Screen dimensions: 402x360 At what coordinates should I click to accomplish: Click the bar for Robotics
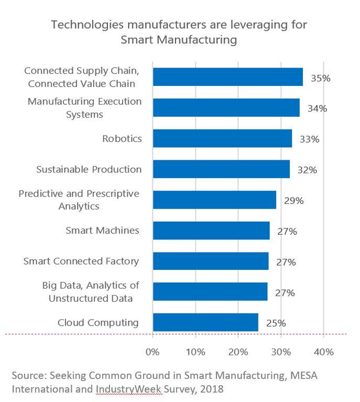[222, 138]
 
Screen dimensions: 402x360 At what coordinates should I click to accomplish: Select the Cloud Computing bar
[205, 322]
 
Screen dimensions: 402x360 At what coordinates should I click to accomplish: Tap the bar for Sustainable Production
[221, 169]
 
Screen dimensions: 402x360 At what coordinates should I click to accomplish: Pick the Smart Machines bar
[211, 231]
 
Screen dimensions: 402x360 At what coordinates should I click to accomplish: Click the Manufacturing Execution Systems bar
[226, 107]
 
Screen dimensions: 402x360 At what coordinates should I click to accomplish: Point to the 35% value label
[320, 78]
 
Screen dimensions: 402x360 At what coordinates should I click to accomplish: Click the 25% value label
[276, 323]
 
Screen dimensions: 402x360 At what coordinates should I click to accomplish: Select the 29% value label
[293, 201]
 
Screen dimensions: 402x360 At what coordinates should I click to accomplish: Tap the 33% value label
[309, 139]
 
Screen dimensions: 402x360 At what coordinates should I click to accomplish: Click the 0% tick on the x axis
[152, 352]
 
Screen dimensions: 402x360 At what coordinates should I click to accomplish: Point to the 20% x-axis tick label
[238, 352]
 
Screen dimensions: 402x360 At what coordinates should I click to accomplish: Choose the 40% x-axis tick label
[323, 352]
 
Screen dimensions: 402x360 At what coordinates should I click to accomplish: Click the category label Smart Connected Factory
[81, 261]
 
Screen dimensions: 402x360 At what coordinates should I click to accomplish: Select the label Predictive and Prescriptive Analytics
[79, 200]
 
